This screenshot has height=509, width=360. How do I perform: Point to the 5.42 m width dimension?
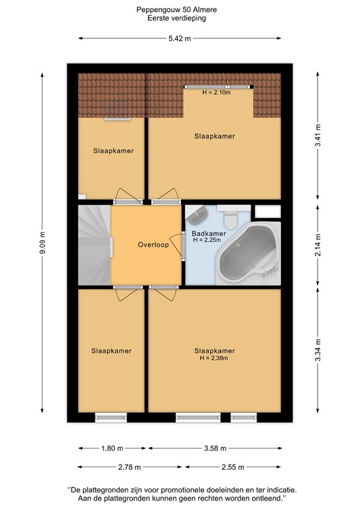[179, 38]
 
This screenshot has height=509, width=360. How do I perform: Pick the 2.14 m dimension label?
[318, 245]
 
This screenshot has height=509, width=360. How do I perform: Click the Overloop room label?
[153, 244]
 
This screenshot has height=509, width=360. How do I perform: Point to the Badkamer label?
[209, 233]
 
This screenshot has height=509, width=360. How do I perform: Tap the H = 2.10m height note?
[217, 93]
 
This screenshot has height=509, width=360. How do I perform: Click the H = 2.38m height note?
[214, 359]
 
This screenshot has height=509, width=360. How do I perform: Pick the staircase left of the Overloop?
[93, 245]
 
